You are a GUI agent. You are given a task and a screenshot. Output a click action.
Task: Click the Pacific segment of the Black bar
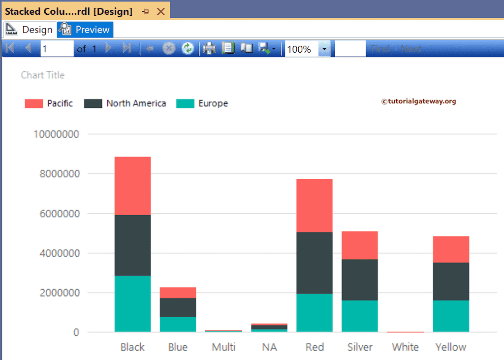pos(132,186)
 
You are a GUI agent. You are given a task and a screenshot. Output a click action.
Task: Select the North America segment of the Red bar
pos(315,263)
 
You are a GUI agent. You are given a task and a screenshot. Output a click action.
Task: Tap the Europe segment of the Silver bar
pos(360,316)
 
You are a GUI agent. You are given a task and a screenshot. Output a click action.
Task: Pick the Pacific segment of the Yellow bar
pos(451,249)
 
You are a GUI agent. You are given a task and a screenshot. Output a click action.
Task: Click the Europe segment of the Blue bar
pos(178,324)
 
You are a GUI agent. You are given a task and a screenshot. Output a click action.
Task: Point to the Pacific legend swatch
pos(34,103)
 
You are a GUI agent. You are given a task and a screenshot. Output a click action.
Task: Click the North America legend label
pos(136,103)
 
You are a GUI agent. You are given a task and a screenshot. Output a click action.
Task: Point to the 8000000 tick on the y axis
pos(57,174)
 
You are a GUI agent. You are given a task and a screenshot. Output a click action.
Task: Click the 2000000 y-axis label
pos(57,293)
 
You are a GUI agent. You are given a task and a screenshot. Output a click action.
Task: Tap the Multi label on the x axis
pos(223,347)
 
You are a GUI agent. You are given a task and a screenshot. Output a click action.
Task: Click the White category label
pos(406,347)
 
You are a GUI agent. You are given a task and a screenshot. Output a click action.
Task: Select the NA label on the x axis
pos(269,347)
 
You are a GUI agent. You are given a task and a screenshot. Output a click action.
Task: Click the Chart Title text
pos(43,75)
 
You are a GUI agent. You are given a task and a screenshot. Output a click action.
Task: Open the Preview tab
pos(86,30)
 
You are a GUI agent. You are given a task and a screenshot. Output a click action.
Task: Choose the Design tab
pos(30,30)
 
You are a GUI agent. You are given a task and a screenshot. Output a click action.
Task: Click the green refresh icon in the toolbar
pos(188,48)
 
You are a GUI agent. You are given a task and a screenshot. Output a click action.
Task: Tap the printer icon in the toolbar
pos(209,48)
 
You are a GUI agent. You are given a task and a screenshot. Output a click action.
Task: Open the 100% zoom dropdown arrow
pos(324,49)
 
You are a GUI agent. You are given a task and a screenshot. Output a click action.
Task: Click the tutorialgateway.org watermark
pos(419,101)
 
